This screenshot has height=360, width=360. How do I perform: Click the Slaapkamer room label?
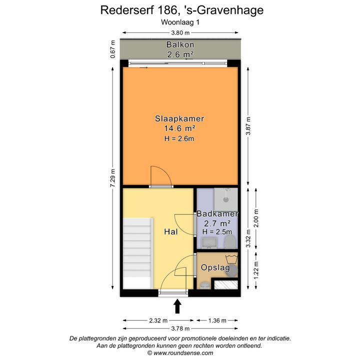click(x=179, y=118)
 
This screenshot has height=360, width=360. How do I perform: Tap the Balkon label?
click(x=180, y=44)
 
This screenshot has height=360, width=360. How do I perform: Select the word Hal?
click(x=171, y=231)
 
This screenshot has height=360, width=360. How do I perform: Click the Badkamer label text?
click(x=217, y=214)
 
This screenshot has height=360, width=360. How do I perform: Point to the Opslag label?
click(x=215, y=267)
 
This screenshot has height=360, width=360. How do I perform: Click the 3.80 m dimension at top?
click(x=180, y=33)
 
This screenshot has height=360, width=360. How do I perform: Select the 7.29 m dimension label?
click(x=112, y=178)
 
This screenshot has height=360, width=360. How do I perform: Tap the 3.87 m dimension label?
click(x=248, y=126)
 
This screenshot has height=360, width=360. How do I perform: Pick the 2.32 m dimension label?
click(x=158, y=320)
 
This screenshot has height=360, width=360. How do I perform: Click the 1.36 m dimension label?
click(x=217, y=320)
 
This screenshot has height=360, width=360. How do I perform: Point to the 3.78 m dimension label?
click(x=180, y=328)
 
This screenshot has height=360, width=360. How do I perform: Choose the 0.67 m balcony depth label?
click(x=112, y=49)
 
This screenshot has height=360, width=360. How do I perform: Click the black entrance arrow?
click(x=177, y=306)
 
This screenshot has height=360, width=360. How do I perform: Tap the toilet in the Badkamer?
click(x=230, y=242)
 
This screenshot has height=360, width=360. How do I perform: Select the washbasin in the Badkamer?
click(x=209, y=243)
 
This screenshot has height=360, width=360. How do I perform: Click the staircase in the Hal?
click(x=138, y=253)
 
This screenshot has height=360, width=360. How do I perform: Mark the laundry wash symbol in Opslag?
click(x=231, y=259)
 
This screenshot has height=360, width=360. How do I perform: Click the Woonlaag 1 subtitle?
click(x=180, y=22)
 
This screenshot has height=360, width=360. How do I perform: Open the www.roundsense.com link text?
click(x=183, y=353)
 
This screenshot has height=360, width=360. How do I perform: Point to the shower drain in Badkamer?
click(x=226, y=199)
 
